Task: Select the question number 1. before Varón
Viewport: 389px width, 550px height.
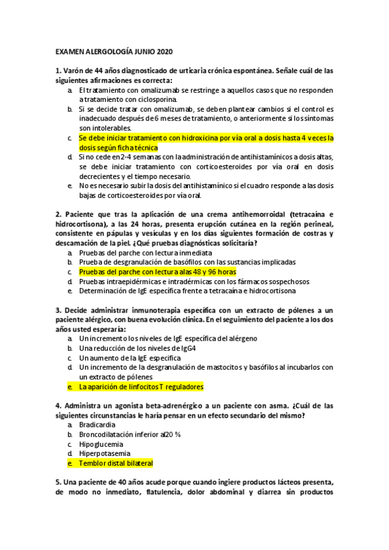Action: (58, 71)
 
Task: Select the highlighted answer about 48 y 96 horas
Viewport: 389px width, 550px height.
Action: (158, 272)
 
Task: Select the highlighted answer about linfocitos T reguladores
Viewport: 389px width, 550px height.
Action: (141, 387)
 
